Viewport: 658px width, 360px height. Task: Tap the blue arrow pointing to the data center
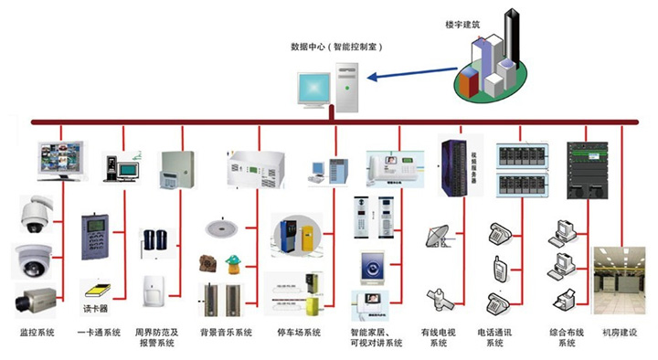[x=411, y=75]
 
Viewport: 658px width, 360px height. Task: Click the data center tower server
[x=346, y=89]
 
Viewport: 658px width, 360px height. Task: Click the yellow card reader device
[x=94, y=290]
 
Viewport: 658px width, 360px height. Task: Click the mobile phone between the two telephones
[x=500, y=268]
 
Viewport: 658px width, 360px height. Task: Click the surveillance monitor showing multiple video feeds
[x=60, y=158]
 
